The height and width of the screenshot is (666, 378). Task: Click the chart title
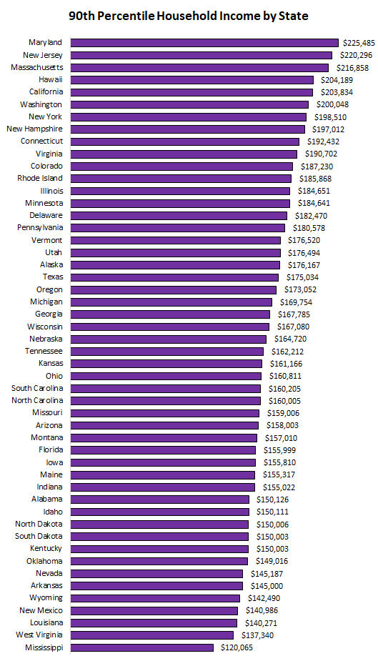pos(189,16)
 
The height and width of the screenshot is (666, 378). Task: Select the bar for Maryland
pos(204,43)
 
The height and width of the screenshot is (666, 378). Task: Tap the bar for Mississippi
pos(142,647)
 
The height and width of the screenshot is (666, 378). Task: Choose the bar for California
pos(192,92)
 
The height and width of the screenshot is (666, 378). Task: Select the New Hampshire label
pos(34,129)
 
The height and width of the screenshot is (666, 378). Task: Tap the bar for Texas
pos(174,277)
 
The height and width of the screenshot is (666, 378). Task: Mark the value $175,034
pos(301,277)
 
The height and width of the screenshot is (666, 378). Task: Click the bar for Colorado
pos(182,166)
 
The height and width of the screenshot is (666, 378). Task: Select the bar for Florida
pos(163,450)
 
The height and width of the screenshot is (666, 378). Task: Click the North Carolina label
pos(37,401)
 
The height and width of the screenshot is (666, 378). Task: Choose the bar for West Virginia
pos(152,635)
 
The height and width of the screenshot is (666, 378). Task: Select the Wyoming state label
pos(46,598)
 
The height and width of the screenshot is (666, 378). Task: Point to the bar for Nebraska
pos(169,339)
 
